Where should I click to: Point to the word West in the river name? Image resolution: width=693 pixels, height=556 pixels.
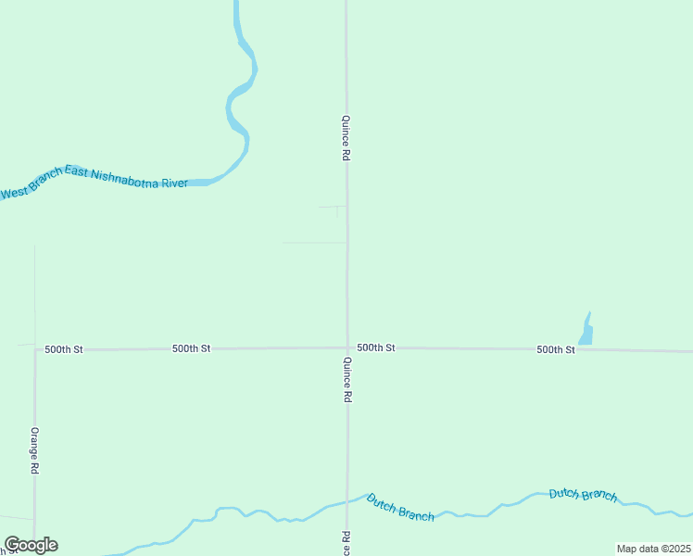[15, 193]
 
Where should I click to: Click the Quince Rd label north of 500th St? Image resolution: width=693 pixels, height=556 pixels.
[345, 138]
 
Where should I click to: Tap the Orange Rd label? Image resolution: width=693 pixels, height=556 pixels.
[33, 450]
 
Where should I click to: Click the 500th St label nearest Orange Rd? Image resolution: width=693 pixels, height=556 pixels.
[64, 349]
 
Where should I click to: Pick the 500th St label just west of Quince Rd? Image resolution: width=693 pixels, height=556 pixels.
[191, 348]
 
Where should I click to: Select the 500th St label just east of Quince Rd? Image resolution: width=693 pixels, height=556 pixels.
[376, 347]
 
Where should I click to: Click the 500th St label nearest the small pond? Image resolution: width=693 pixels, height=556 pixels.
[555, 349]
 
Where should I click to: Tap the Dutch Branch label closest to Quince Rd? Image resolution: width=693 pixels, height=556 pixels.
[400, 507]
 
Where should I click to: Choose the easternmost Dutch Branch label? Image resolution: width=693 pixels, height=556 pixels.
[583, 494]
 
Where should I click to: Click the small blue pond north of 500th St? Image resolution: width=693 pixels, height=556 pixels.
[586, 331]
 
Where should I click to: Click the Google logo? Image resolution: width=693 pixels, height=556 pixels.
[31, 545]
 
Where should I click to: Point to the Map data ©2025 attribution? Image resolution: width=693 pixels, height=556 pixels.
[653, 549]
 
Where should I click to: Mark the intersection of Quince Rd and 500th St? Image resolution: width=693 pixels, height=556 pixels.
[347, 348]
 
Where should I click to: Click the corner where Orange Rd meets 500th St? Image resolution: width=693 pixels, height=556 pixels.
[35, 350]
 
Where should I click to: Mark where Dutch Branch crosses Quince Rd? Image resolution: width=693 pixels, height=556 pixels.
[348, 500]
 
